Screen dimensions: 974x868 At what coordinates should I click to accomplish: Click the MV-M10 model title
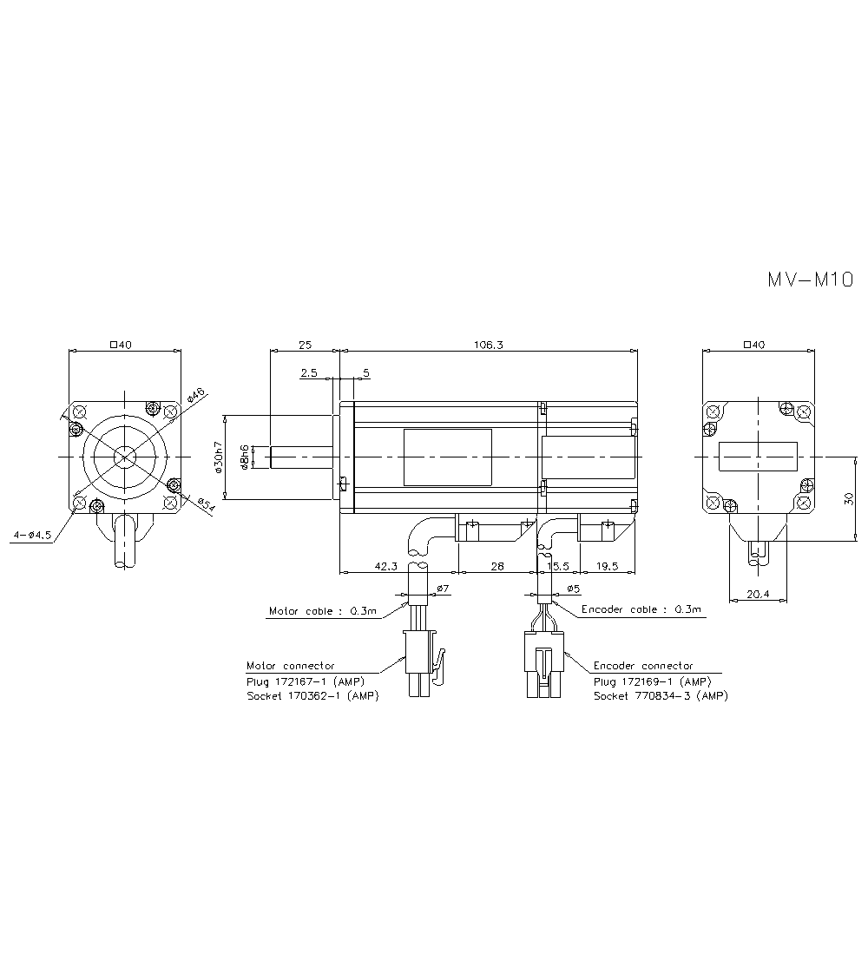[x=810, y=280]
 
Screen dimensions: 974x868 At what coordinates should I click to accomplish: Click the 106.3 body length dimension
[x=488, y=345]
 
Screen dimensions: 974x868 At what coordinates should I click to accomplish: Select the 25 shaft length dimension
[x=305, y=345]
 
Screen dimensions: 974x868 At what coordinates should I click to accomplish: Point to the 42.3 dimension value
[x=386, y=566]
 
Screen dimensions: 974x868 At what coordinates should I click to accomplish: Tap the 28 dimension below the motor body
[x=496, y=566]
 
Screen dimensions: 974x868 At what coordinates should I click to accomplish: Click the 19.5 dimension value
[x=608, y=566]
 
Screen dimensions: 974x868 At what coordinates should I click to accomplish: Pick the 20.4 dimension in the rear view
[x=758, y=594]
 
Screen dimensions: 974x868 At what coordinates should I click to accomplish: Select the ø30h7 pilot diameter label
[x=220, y=457]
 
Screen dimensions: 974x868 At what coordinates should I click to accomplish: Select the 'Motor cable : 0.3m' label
[x=323, y=611]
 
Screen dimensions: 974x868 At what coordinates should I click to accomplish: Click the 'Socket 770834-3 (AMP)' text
[x=661, y=696]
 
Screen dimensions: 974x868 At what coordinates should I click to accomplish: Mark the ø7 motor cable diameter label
[x=442, y=589]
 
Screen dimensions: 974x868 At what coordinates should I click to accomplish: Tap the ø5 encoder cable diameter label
[x=572, y=589]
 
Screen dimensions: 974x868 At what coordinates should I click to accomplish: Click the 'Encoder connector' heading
[x=643, y=666]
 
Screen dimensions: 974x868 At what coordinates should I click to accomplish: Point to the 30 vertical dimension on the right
[x=849, y=498]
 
